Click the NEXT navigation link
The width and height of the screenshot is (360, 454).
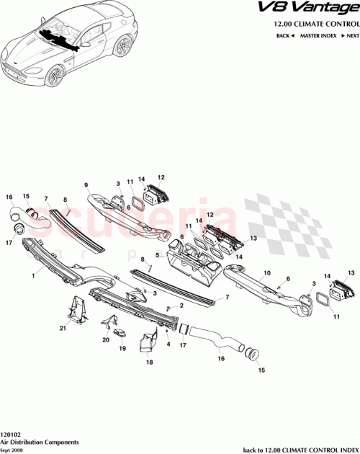(351, 35)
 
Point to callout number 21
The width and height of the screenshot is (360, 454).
(62, 329)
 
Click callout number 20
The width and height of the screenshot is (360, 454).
(106, 339)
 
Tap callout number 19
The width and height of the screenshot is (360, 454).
(122, 348)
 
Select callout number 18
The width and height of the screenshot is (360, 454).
(150, 364)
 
